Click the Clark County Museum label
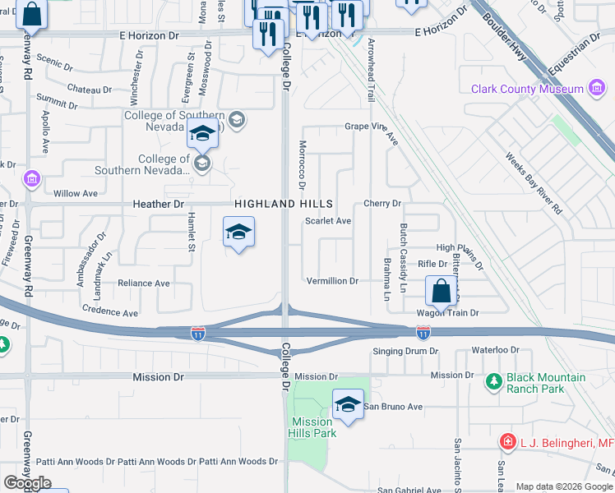click(526, 89)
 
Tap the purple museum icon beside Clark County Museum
click(597, 89)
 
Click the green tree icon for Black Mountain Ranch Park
click(492, 381)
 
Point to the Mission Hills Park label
click(313, 427)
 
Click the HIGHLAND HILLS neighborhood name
click(284, 203)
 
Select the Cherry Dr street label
click(381, 203)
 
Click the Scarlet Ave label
click(328, 221)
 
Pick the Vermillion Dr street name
click(332, 281)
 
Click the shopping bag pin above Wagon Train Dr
click(442, 291)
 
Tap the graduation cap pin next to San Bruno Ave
click(348, 404)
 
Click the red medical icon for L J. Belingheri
click(507, 442)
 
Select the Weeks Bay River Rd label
click(534, 184)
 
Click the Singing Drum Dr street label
click(406, 351)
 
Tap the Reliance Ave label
click(144, 283)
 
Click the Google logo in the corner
click(27, 483)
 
